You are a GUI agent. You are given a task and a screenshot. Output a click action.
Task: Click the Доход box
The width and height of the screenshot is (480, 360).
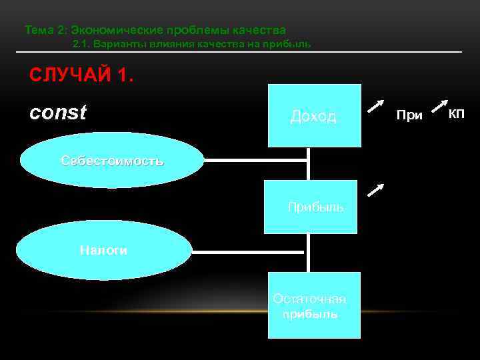point(314,115)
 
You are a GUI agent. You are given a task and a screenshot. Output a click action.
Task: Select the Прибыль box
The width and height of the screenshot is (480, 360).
point(311,207)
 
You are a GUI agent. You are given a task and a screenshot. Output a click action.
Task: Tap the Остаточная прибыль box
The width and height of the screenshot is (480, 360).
point(315,305)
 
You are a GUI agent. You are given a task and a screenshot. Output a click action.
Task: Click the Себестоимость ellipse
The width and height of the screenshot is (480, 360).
point(112,161)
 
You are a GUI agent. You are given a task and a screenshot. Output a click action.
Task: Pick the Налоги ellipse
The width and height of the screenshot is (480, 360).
point(103,251)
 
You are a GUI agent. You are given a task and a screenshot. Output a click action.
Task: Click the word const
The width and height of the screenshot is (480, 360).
point(58,113)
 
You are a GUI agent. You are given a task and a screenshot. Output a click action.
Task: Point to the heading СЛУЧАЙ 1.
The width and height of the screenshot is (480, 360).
point(81,75)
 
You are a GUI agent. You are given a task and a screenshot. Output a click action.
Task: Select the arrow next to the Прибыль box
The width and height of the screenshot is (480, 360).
point(376,192)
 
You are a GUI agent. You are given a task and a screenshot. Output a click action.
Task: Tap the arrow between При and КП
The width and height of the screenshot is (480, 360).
point(439,105)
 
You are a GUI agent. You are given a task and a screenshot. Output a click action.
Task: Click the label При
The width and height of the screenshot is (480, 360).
point(409,115)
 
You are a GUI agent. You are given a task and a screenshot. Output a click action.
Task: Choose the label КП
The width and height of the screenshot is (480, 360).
point(457,114)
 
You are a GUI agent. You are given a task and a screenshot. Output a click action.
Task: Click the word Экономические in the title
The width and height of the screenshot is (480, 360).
point(113,30)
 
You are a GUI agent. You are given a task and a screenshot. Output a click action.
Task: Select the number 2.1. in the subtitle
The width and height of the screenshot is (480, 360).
point(81,45)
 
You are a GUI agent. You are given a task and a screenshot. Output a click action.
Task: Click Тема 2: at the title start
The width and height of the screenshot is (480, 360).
point(45,30)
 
